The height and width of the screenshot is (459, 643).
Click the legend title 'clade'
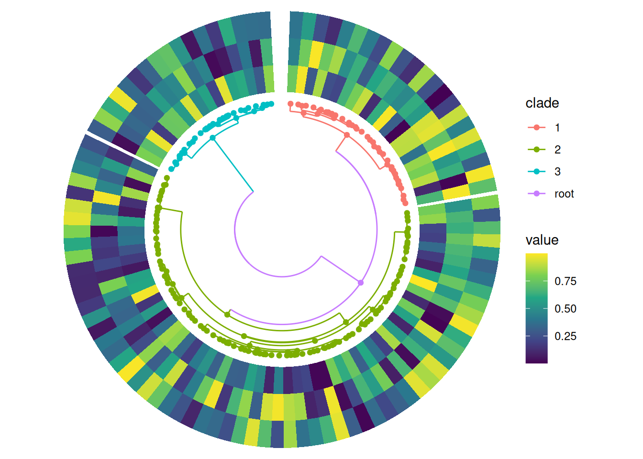542,103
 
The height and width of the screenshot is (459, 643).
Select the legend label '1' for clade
557,128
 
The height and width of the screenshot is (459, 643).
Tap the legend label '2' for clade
557,150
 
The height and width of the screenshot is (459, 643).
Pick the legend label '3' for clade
557,172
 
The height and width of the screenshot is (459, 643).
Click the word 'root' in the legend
564,194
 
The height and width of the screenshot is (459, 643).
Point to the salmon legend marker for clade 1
536,128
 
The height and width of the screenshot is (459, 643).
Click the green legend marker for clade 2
536,150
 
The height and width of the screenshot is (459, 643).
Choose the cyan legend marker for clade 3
536,172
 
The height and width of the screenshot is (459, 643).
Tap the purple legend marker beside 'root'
536,194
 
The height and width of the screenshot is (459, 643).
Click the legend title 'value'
542,240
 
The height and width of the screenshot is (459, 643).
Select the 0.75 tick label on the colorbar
565,281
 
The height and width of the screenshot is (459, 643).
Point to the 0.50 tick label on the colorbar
565,309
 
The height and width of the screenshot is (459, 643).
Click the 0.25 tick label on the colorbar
565,336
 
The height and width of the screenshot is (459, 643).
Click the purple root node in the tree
361,283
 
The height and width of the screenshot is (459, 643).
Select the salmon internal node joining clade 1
347,135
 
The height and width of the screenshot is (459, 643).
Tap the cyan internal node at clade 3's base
212,138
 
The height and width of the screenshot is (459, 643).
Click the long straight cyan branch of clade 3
233,164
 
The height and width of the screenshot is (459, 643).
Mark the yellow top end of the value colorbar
536,255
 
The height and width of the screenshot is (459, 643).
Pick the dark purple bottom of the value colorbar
536,361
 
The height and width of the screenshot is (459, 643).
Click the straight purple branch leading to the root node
341,269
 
